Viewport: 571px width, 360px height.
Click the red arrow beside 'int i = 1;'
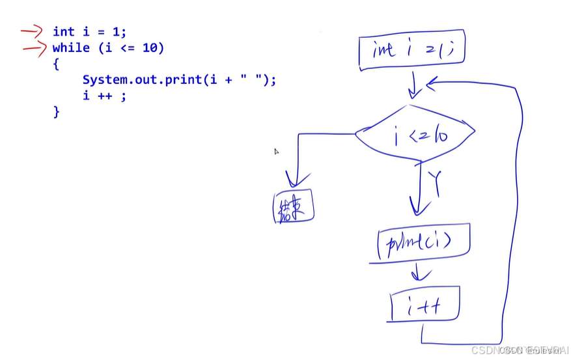[x=30, y=30]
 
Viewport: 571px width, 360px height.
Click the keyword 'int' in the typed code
[x=64, y=31]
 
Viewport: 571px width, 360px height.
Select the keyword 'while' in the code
[x=71, y=48]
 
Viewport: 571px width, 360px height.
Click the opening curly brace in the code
[x=57, y=64]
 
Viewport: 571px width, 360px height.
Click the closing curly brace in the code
[x=57, y=112]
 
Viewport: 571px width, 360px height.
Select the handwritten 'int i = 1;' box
[x=411, y=50]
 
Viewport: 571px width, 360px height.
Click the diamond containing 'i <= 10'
[x=415, y=134]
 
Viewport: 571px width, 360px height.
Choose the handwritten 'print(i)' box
[x=423, y=243]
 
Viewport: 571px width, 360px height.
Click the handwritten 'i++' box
[x=425, y=304]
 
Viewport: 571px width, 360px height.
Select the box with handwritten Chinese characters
[x=293, y=207]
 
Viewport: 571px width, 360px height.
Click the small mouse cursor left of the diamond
[x=276, y=152]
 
